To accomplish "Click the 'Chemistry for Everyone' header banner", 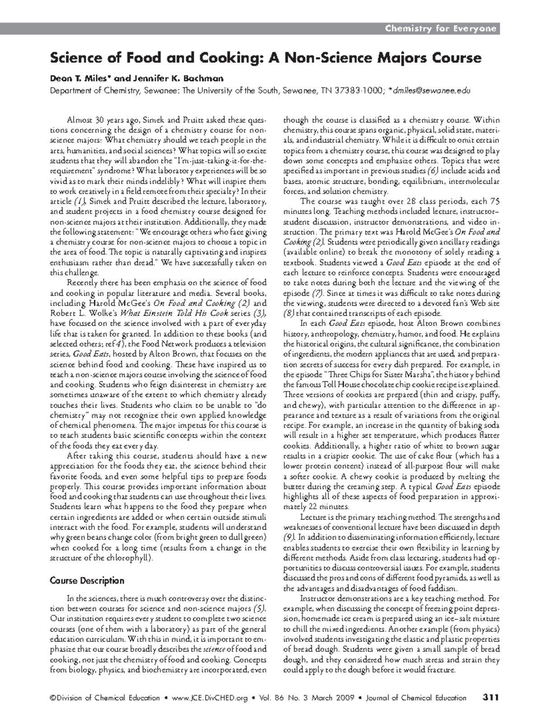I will click(440, 29).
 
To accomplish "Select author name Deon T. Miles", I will click(81, 78).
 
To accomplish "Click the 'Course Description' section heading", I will click(87, 581).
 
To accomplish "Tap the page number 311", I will click(490, 697).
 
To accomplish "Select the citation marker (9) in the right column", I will click(289, 538).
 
